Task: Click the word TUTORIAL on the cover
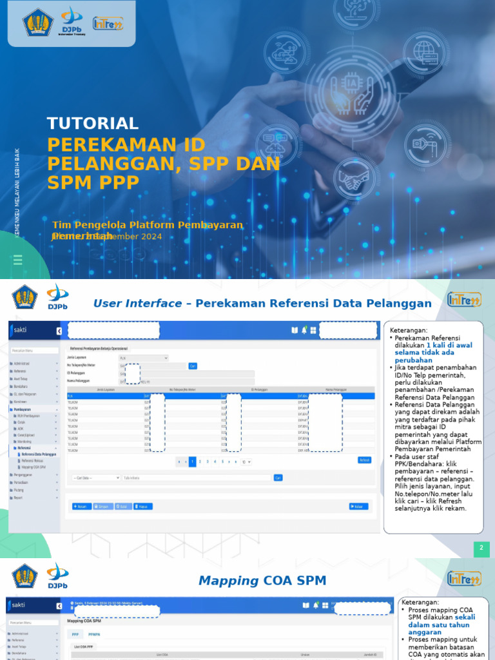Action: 93,123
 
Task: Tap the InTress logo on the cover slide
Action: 108,23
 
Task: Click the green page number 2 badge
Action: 481,548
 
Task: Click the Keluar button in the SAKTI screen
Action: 358,507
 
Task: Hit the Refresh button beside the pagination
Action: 364,460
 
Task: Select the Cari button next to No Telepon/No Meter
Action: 192,365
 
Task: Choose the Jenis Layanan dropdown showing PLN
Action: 143,358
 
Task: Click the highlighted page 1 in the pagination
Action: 192,461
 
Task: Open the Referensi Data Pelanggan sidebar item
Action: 39,454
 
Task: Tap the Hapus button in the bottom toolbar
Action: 144,507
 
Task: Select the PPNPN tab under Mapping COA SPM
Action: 94,634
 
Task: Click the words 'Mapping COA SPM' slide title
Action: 262,581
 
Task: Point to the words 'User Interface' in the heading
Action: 137,304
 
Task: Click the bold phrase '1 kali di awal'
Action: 449,345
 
